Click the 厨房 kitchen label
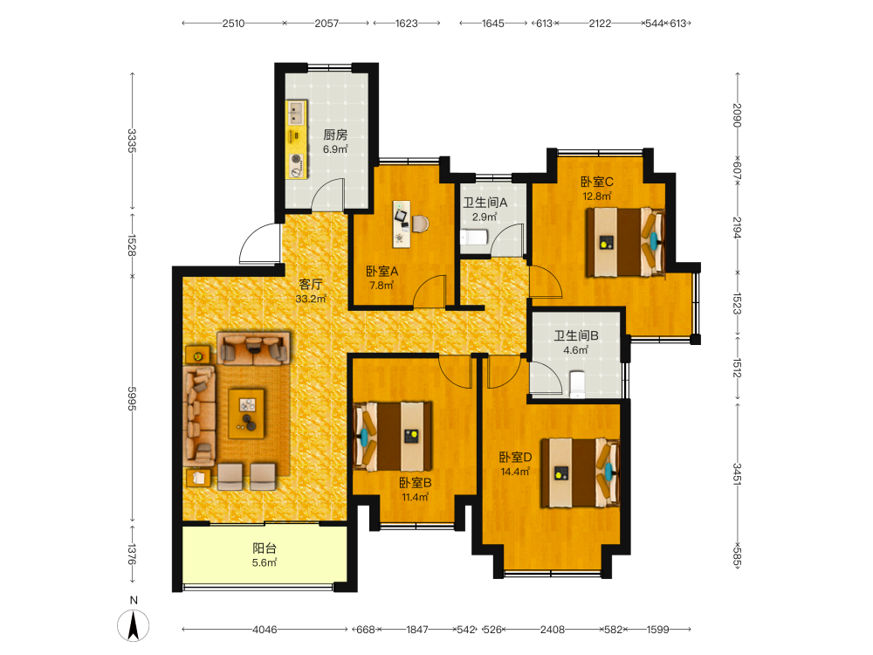click(336, 134)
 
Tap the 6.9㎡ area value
click(336, 149)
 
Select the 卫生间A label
click(485, 203)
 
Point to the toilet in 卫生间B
click(577, 385)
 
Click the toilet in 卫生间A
click(474, 238)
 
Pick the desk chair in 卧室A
click(421, 224)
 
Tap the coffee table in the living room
click(247, 413)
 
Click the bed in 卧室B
click(393, 436)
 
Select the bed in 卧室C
click(625, 242)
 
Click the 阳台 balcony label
click(265, 548)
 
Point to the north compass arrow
click(134, 625)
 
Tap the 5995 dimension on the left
click(132, 399)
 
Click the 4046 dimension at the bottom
click(265, 630)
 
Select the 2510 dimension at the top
click(233, 24)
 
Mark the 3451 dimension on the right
click(737, 474)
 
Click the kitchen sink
click(297, 113)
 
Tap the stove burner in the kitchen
click(297, 159)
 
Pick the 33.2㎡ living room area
click(311, 299)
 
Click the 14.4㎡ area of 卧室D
click(515, 472)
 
